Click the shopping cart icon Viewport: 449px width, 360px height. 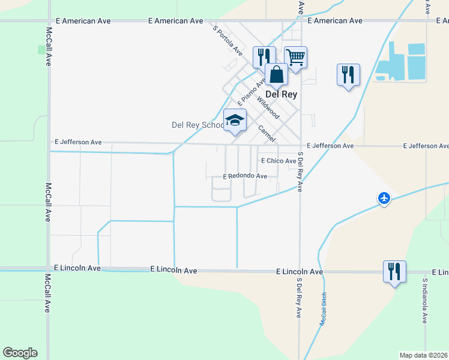(296, 58)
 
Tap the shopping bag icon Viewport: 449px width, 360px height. (276, 76)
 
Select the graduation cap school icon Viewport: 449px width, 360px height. (235, 121)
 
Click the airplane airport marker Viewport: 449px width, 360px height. (384, 197)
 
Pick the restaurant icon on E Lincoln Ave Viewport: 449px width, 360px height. (394, 271)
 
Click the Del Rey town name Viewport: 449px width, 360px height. (282, 94)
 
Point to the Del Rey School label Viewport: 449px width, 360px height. (197, 125)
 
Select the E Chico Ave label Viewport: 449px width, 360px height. (279, 161)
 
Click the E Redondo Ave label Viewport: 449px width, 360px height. (245, 176)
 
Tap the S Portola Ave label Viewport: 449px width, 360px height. (227, 39)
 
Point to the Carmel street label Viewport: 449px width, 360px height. (266, 133)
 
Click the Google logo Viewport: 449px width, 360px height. (20, 353)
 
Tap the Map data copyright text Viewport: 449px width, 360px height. (423, 355)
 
